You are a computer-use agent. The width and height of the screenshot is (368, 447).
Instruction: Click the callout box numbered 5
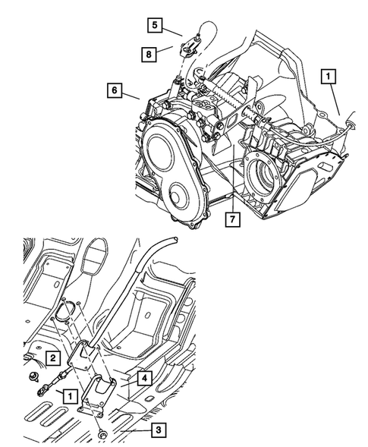tap(154, 26)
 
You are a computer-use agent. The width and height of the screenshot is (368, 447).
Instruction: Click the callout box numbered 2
tap(52, 357)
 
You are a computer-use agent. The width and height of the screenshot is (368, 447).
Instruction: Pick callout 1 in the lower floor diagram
tap(69, 395)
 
